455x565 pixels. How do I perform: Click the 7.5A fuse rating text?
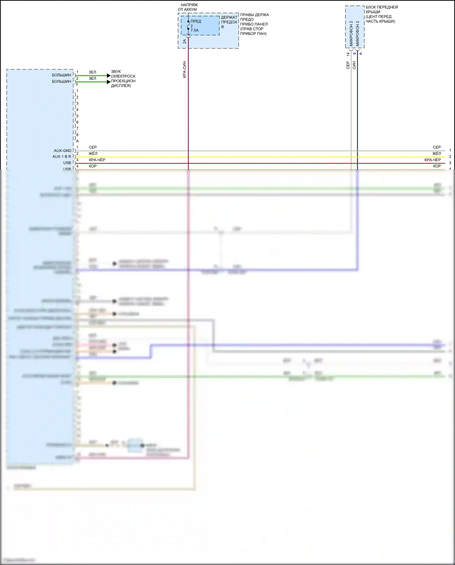[x=194, y=30]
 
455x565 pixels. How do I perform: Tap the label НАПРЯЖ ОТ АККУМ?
[x=188, y=7]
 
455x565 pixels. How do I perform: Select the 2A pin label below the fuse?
[x=184, y=41]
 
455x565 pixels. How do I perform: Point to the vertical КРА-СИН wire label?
[x=184, y=70]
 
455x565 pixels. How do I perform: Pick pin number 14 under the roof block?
[x=348, y=54]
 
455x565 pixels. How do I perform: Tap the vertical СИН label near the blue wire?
[x=354, y=65]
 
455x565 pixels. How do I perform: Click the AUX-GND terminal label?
[x=62, y=151]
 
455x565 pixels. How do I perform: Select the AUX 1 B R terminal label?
[x=62, y=157]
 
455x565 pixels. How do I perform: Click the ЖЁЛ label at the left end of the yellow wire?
[x=93, y=154]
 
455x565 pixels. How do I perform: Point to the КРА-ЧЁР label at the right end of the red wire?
[x=433, y=160]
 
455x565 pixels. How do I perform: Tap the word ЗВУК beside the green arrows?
[x=116, y=72]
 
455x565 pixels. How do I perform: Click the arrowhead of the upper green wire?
[x=109, y=76]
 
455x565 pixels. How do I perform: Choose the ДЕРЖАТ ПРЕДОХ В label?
[x=229, y=22]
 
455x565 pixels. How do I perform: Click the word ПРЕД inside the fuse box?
[x=196, y=21]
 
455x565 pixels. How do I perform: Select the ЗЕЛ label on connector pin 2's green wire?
[x=93, y=78]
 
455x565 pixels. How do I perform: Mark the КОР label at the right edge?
[x=437, y=166]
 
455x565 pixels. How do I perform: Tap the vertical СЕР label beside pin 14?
[x=348, y=65]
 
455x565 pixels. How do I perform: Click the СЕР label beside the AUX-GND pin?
[x=93, y=147]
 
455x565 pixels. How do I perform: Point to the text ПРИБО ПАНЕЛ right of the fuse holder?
[x=254, y=24]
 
